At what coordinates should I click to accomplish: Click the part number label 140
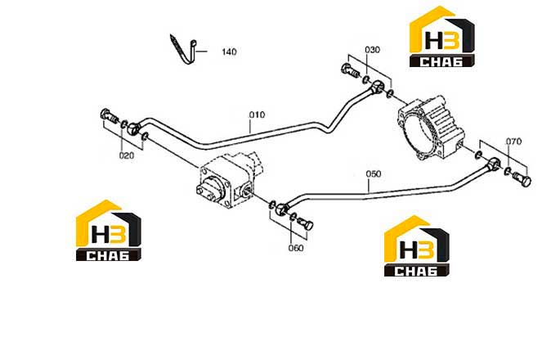229,52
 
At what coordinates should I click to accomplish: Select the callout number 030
372,50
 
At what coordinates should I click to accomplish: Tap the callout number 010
257,115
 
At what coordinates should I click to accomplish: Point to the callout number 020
127,155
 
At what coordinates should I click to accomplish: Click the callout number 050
374,173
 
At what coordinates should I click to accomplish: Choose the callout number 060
296,248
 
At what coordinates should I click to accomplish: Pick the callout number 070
513,142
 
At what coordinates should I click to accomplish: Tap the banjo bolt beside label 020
109,116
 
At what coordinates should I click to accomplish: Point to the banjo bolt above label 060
306,223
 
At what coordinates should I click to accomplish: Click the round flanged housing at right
431,129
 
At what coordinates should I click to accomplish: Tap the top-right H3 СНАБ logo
442,36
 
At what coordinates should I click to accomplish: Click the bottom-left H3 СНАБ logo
109,231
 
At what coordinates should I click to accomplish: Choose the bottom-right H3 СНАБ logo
417,245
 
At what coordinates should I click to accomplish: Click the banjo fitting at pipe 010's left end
133,128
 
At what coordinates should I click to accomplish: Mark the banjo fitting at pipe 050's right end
495,164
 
